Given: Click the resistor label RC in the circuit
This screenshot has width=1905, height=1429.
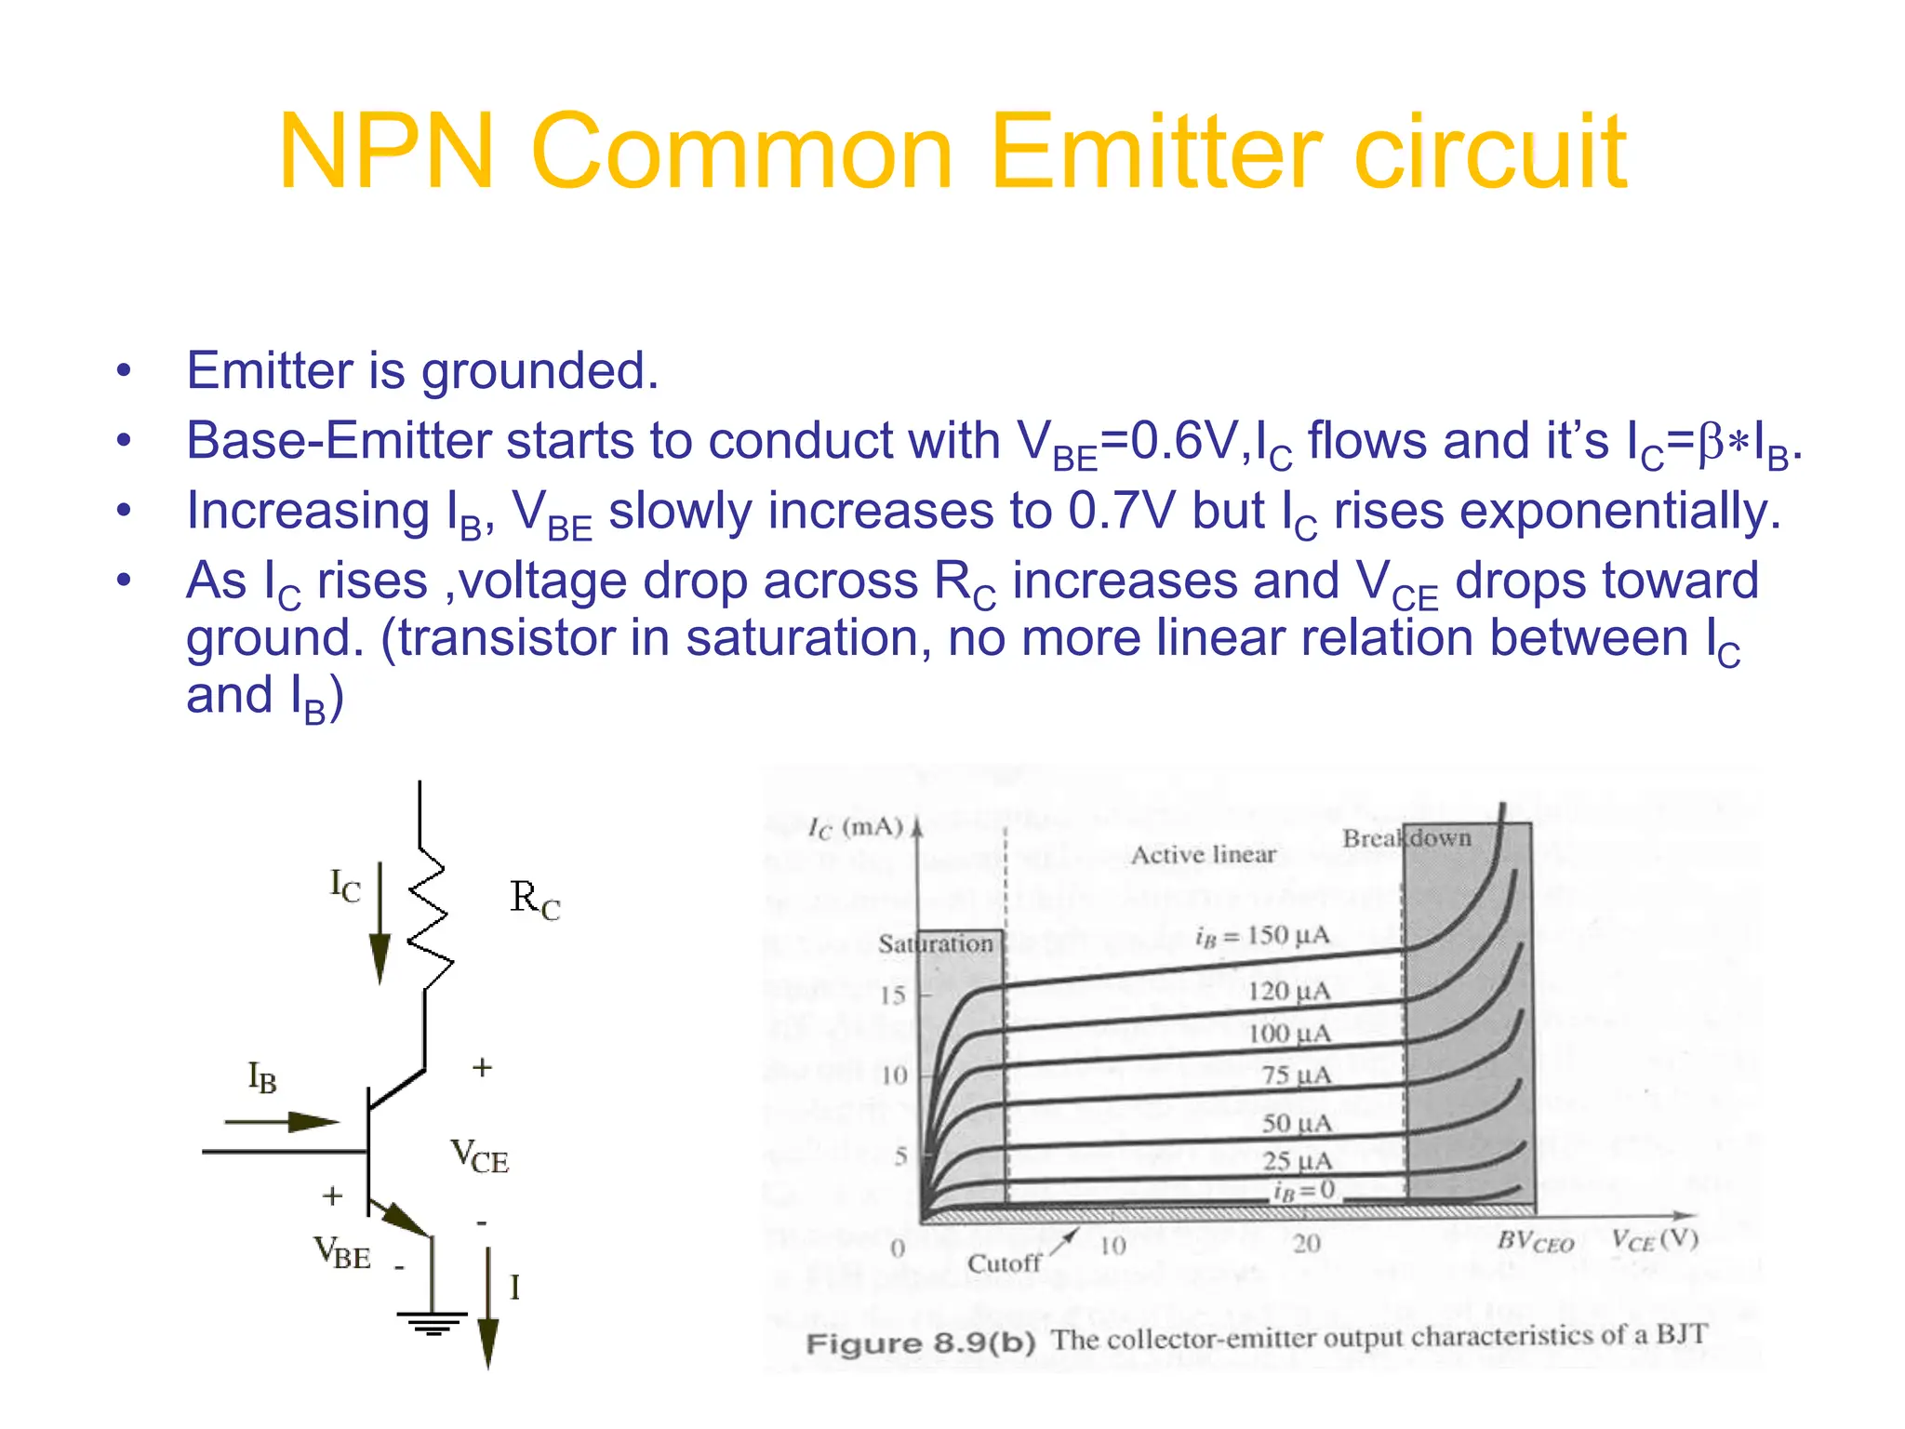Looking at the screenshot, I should point(535,900).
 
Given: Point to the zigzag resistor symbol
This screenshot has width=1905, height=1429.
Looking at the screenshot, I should point(430,916).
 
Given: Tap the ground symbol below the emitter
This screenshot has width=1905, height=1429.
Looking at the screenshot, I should point(432,1322).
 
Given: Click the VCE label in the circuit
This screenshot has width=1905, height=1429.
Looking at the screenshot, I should point(480,1156).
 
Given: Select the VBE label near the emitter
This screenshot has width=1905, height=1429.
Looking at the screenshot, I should point(342,1252).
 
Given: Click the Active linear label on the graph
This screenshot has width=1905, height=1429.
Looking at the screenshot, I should point(1203,854).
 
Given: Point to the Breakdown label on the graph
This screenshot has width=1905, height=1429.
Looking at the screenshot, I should point(1406,838).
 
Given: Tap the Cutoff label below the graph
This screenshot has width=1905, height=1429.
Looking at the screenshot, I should point(1004,1263).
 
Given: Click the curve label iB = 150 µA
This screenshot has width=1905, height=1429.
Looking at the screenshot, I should point(1262,936).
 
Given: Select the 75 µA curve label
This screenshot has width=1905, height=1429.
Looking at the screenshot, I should point(1297,1075).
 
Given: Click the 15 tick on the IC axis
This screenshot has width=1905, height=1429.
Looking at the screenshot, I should point(893,995).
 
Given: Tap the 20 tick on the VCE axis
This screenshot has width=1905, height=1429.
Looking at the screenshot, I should point(1306,1244).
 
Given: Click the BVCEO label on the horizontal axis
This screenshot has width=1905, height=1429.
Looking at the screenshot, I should point(1535,1242).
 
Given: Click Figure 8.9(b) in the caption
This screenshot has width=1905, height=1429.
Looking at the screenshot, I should point(920,1343).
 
